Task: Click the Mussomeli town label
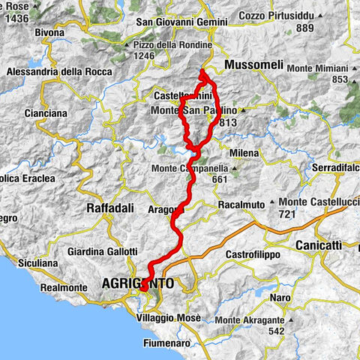point(253,66)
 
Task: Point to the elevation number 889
point(304,28)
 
